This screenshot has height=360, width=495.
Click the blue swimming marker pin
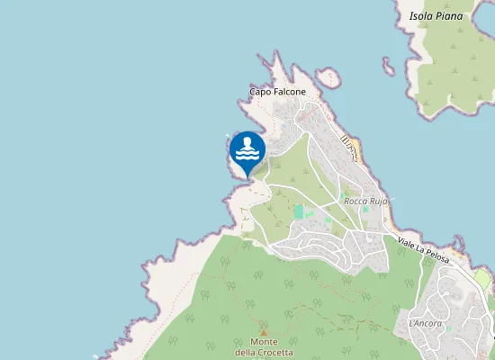coord(247,149)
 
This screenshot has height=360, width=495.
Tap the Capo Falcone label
coord(277,92)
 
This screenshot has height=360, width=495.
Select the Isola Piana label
coord(436,16)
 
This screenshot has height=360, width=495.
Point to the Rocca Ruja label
coord(365,202)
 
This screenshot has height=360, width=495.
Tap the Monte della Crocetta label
coord(264,346)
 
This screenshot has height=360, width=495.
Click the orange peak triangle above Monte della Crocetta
coord(263,331)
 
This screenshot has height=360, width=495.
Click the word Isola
coord(421,16)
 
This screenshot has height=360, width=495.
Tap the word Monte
coord(264,342)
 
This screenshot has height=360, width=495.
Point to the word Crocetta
coord(276,352)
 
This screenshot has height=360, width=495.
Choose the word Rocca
coord(356,202)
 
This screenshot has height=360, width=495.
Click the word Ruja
coord(378,202)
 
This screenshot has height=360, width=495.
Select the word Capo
coord(260,92)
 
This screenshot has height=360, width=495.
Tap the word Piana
coord(449,16)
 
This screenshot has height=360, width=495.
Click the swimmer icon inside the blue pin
coord(247,147)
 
